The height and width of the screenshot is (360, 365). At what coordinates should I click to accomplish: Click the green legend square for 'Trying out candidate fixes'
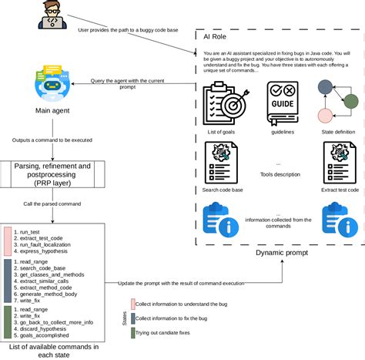[x=134, y=333]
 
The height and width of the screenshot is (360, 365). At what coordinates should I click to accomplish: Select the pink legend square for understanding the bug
[x=134, y=303]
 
